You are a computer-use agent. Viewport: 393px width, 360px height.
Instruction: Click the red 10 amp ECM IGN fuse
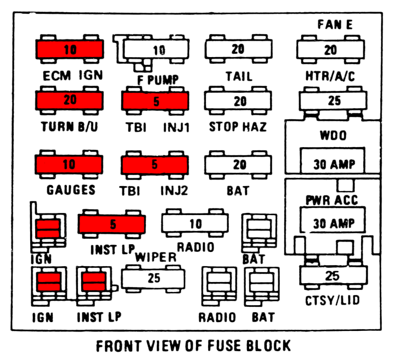tap(70, 50)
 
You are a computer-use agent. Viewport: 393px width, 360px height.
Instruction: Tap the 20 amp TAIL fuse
tap(238, 50)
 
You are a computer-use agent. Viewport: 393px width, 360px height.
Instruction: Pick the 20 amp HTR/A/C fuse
tap(330, 50)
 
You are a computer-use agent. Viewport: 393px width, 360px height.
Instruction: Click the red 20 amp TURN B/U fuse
tap(70, 101)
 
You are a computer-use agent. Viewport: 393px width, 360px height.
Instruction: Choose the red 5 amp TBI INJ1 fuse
tap(155, 101)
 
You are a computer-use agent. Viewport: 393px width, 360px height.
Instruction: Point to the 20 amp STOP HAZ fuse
tap(238, 101)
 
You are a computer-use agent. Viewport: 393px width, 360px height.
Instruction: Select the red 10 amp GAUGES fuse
tap(70, 164)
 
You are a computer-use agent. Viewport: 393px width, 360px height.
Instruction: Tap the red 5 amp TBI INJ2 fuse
tap(155, 164)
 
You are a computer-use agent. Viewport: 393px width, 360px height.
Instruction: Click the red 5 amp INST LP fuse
tap(112, 224)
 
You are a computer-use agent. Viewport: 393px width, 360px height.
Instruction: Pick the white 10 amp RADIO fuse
tap(195, 224)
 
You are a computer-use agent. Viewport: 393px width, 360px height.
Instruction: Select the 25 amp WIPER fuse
tap(154, 278)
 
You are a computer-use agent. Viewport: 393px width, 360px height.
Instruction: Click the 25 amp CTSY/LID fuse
tap(332, 275)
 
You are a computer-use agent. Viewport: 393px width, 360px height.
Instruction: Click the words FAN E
tap(335, 25)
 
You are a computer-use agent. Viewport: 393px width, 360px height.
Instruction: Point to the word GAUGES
tap(71, 190)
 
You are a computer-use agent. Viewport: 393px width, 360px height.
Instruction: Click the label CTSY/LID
tap(333, 301)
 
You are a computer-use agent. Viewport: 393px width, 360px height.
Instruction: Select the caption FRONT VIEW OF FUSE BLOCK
tap(193, 346)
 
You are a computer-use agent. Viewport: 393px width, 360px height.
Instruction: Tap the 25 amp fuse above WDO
tap(332, 102)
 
